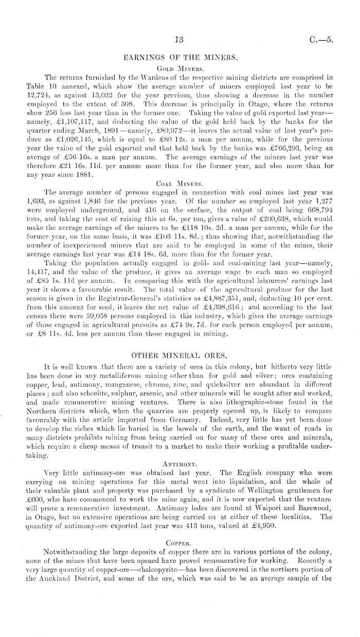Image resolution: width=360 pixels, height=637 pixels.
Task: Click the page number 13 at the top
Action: [x=179, y=40]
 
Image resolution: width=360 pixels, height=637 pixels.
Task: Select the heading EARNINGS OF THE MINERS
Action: [x=179, y=58]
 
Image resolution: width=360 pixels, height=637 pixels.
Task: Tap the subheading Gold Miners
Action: [x=179, y=68]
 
